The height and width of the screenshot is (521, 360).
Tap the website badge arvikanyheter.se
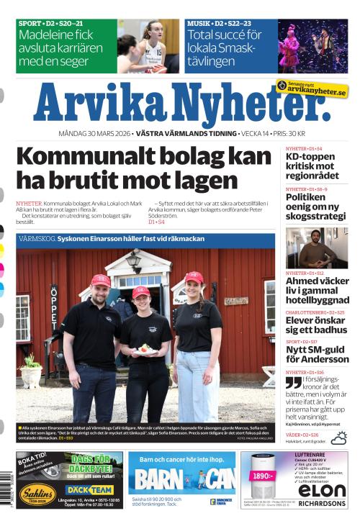312,89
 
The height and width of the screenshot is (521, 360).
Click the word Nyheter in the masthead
248,105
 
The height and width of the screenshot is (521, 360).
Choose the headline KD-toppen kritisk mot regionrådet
312,166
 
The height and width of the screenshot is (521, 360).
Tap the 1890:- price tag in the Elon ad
264,476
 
